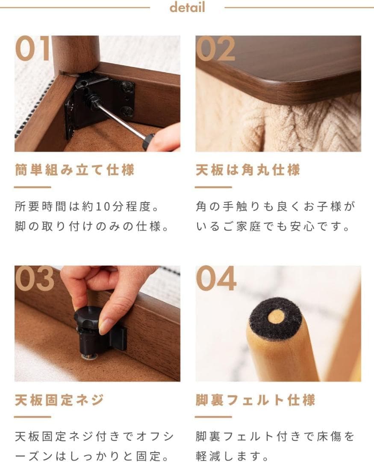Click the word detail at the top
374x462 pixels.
coord(187,7)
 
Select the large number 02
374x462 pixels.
coord(215,49)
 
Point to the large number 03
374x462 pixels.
coord(35,279)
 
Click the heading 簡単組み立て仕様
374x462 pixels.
coord(74,170)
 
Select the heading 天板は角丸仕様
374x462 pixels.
coord(248,170)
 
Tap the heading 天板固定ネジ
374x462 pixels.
coord(59,400)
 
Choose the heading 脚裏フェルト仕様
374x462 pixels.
coord(255,400)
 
